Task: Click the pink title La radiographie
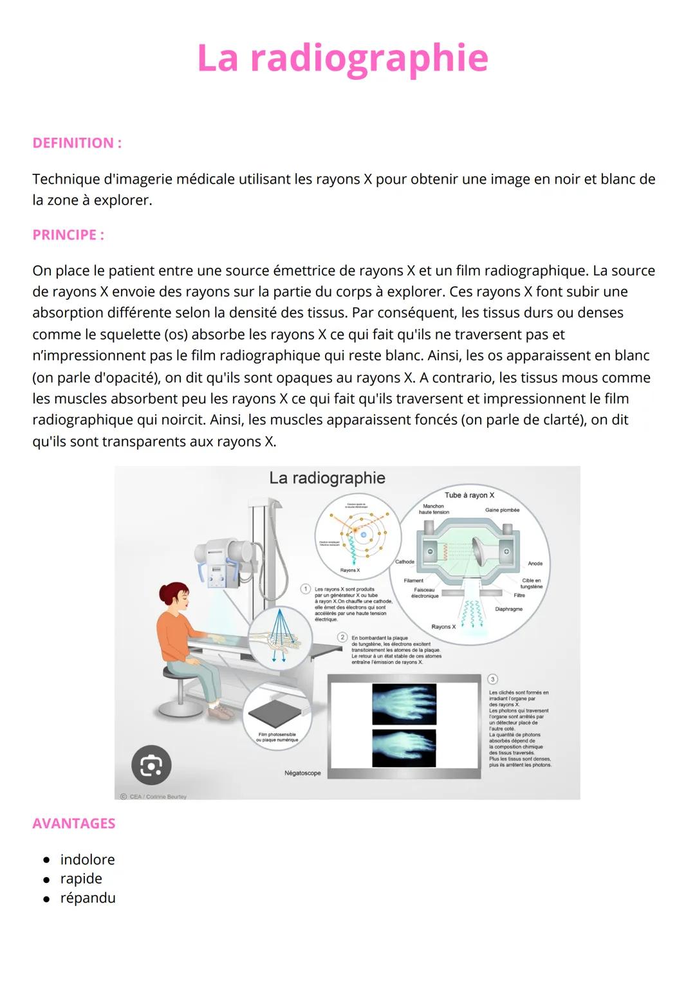click(342, 58)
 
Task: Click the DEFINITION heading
click(77, 143)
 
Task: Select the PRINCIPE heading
click(68, 235)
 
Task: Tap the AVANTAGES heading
click(74, 824)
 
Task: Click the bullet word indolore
click(88, 860)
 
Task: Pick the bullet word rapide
click(81, 879)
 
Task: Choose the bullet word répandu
click(88, 898)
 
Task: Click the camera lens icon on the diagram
click(151, 765)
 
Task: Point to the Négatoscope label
click(302, 773)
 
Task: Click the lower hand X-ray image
click(404, 748)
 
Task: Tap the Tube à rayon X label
click(469, 495)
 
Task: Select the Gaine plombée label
click(502, 510)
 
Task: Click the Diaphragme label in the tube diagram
click(508, 609)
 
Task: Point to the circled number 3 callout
click(493, 679)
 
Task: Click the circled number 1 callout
click(306, 589)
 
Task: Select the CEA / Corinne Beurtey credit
click(154, 796)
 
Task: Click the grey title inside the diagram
click(327, 478)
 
